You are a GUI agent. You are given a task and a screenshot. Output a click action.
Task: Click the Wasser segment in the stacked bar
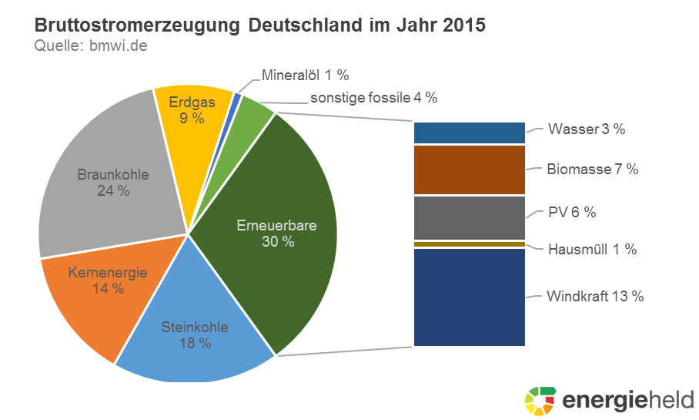[x=469, y=133]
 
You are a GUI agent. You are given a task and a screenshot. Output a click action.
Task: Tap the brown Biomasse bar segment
[x=469, y=170]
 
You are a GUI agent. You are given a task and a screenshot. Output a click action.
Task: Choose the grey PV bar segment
[x=469, y=217]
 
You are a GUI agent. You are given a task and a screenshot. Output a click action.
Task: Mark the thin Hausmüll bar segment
[x=469, y=244]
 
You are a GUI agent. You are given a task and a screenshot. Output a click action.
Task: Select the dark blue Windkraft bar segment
[x=469, y=297]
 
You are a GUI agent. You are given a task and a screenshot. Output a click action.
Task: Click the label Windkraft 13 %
[x=594, y=297]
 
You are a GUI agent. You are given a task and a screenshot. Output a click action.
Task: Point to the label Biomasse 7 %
[x=592, y=169]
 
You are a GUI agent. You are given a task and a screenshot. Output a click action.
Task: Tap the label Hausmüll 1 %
[x=592, y=250]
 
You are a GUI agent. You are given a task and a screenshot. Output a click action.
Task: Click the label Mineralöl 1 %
[x=306, y=76]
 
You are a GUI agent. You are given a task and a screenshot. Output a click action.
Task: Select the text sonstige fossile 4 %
[x=373, y=98]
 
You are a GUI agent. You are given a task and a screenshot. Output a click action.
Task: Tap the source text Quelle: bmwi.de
[x=91, y=46]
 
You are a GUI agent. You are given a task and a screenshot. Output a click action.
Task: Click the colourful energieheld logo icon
[x=540, y=400]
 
